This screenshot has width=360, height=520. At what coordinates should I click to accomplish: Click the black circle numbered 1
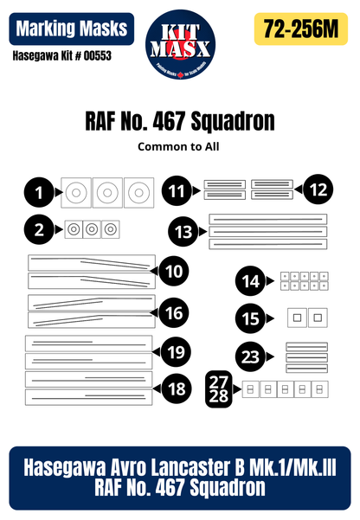[39, 190]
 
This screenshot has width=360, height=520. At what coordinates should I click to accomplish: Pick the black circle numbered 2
[39, 229]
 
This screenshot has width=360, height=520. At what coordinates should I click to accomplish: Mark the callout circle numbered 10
[175, 272]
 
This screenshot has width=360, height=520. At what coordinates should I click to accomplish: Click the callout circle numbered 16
[173, 311]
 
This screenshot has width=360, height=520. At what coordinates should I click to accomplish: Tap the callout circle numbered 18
[176, 388]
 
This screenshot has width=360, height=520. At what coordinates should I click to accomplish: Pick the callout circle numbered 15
[251, 318]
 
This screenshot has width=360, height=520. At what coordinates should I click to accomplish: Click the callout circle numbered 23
[251, 356]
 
